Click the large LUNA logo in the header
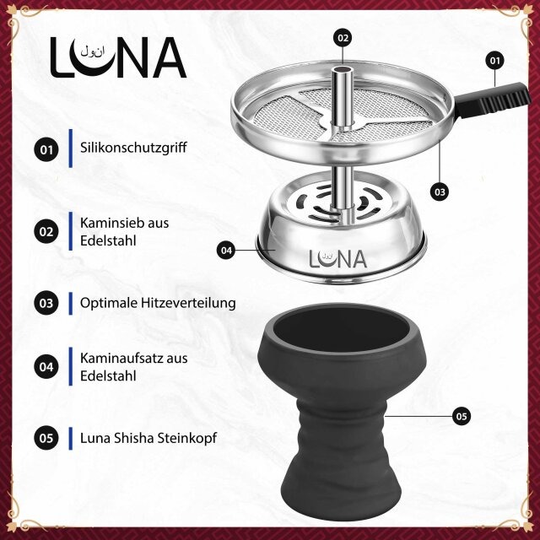(117, 57)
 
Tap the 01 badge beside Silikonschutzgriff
(46, 150)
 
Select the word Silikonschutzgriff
(132, 148)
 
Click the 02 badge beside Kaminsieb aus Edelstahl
(46, 230)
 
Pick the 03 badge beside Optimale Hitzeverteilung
(46, 302)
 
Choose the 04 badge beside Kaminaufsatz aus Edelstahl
(46, 366)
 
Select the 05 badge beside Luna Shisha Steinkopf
(46, 438)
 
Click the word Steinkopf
(186, 438)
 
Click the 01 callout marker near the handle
(495, 61)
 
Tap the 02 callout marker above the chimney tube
(343, 38)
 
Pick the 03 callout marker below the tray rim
(439, 192)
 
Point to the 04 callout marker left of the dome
(225, 250)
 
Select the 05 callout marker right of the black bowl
(460, 415)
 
